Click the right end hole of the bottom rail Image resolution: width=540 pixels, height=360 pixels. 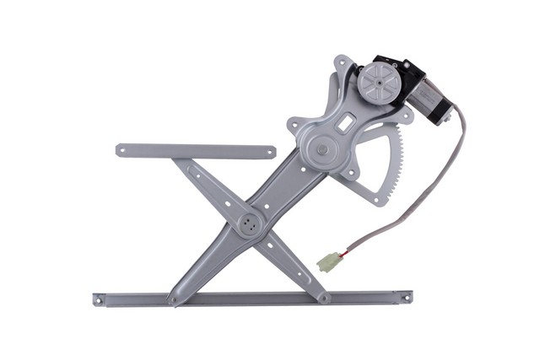click(x=406, y=297)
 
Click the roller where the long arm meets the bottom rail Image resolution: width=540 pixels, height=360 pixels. click(x=173, y=299)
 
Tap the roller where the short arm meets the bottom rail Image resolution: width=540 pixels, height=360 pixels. click(x=324, y=298)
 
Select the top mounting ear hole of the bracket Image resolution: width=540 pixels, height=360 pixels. click(x=340, y=62)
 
